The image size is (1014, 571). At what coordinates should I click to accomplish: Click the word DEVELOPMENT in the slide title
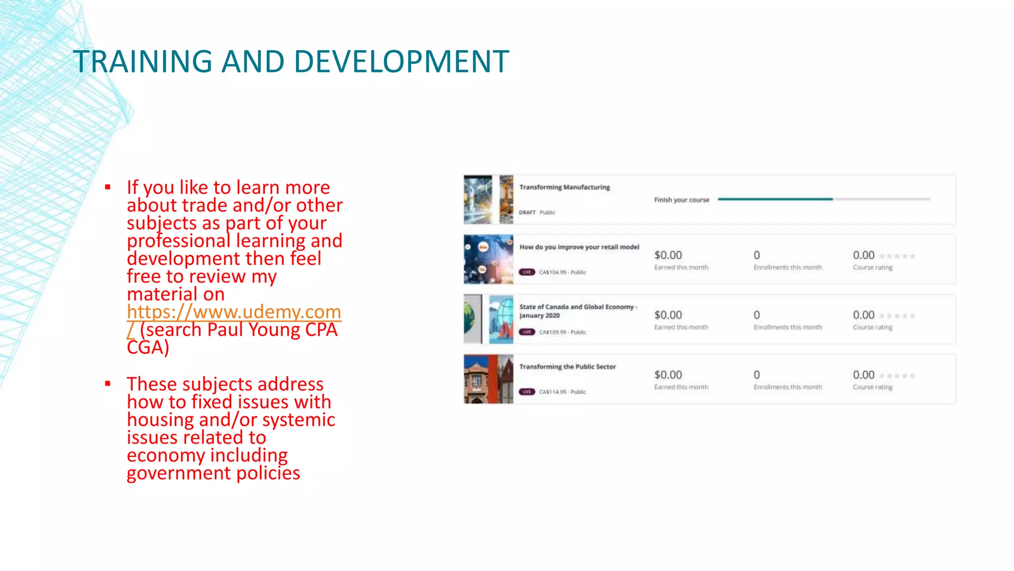[x=402, y=62]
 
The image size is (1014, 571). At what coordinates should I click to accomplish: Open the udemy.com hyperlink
[x=234, y=312]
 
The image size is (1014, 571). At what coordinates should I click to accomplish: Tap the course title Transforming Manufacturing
[x=564, y=187]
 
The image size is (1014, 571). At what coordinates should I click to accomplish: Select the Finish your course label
[x=681, y=200]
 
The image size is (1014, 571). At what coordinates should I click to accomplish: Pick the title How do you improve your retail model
[x=579, y=247]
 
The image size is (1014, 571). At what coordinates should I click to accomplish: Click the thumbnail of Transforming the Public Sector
[x=488, y=379]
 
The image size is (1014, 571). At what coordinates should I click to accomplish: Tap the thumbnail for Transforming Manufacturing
[x=488, y=200]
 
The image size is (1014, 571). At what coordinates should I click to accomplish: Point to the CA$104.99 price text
[x=553, y=272]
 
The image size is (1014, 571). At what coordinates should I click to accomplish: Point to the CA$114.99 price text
[x=553, y=392]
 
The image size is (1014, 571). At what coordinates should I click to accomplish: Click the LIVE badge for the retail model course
[x=527, y=272]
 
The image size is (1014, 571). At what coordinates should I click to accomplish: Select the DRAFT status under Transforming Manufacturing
[x=527, y=213]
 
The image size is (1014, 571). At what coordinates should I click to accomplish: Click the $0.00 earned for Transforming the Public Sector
[x=668, y=375]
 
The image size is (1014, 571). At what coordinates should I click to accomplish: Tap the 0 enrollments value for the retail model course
[x=757, y=255]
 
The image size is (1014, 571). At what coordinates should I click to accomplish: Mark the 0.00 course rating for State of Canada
[x=863, y=315]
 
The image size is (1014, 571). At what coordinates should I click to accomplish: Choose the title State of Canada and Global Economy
[x=577, y=307]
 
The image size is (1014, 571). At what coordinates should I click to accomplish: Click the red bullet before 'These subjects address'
[x=108, y=384]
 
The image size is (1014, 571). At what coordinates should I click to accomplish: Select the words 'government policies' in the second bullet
[x=213, y=473]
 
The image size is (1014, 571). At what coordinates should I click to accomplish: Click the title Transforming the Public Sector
[x=567, y=367]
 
